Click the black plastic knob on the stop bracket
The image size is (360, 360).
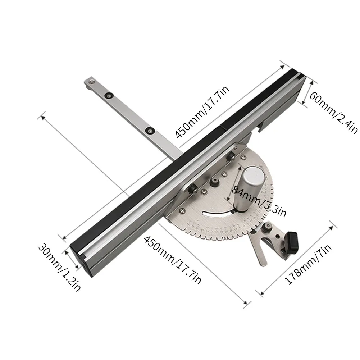(293, 242)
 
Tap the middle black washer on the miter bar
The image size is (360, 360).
(108, 95)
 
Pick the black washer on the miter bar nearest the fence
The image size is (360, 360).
(149, 130)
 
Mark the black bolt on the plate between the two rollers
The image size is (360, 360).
(215, 183)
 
